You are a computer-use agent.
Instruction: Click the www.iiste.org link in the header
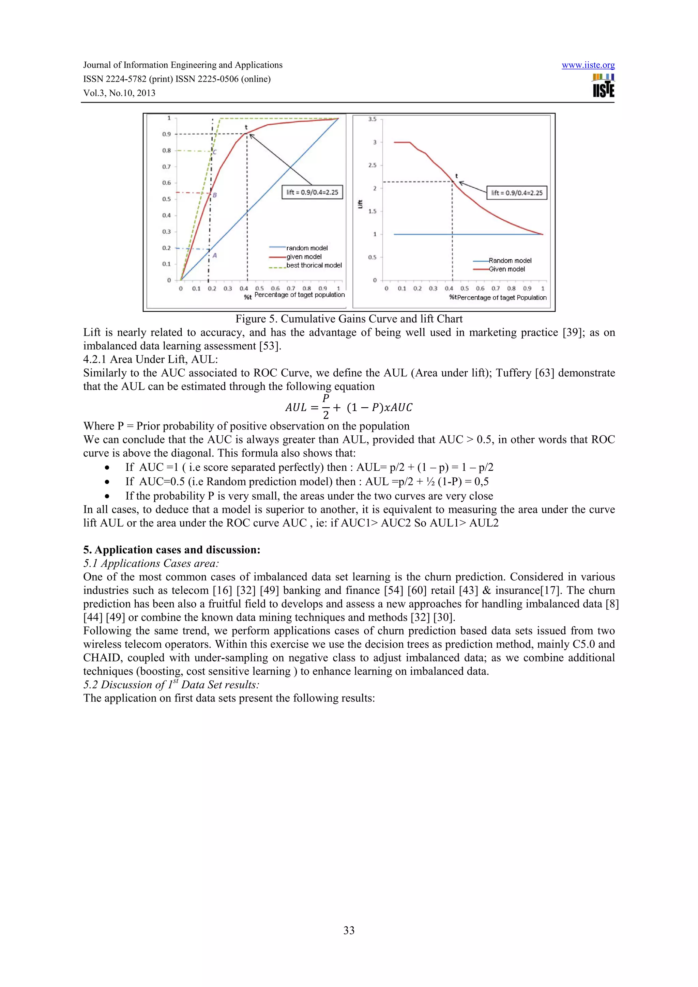[x=588, y=65]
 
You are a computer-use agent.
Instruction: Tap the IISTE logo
[x=603, y=86]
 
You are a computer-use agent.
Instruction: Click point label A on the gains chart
[x=215, y=256]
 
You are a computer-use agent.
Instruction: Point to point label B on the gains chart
[x=215, y=195]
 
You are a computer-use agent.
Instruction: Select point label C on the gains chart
[x=215, y=152]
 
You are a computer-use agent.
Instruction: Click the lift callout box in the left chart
[x=312, y=192]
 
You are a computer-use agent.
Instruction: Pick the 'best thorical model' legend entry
[x=314, y=265]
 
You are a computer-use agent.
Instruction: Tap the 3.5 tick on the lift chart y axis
[x=372, y=119]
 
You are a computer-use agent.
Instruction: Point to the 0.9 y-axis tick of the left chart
[x=166, y=134]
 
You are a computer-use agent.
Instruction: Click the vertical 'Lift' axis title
[x=360, y=204]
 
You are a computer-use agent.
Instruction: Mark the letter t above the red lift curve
[x=456, y=176]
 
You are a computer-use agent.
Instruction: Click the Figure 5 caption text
[x=349, y=319]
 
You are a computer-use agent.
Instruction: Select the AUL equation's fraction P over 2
[x=325, y=407]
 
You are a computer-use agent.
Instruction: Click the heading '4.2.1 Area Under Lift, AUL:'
[x=151, y=359]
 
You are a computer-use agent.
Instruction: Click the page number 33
[x=349, y=930]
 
